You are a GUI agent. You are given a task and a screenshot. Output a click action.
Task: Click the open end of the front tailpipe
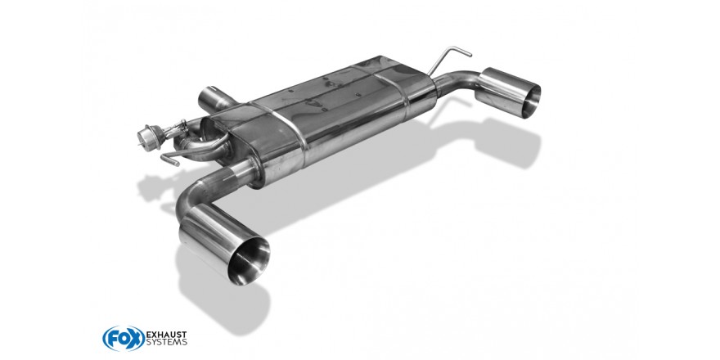[249, 261]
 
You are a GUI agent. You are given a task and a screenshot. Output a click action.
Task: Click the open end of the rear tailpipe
[530, 101]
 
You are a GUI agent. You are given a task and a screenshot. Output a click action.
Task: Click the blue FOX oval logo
[124, 339]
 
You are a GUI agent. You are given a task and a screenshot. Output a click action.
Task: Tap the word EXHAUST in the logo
[166, 334]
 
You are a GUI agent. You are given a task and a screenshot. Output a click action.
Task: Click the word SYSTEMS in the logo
[166, 342]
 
